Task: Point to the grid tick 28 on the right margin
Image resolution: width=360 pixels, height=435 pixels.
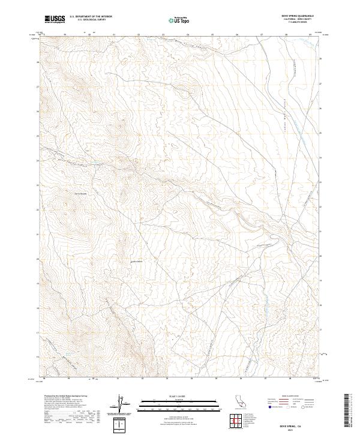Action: click(x=320, y=59)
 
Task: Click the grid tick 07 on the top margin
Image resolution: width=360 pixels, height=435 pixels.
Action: click(x=262, y=34)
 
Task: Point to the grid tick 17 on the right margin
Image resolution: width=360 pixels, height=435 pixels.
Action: click(x=320, y=329)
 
